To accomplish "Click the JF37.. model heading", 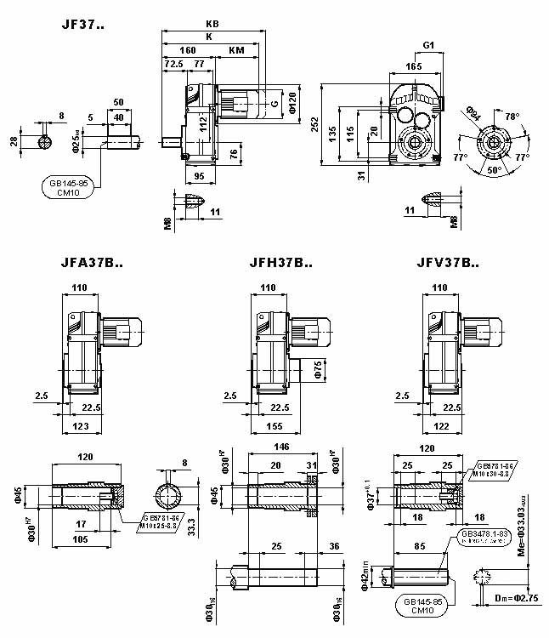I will tap(82, 24).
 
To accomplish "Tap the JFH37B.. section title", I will tap(281, 263).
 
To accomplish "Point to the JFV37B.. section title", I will tap(448, 263).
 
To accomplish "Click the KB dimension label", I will tap(212, 25).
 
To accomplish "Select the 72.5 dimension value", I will tap(173, 64).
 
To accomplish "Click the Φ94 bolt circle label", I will tap(475, 111).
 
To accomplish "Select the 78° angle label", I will tap(512, 117).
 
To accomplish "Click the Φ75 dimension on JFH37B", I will tap(318, 367).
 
